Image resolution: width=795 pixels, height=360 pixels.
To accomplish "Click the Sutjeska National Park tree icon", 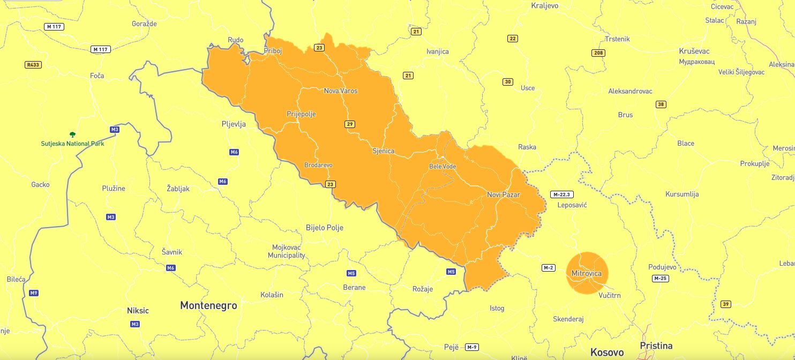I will [x=72, y=134].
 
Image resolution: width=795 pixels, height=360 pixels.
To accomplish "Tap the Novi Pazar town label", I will [x=503, y=194].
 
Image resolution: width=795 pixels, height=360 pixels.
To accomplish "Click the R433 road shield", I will [x=33, y=65].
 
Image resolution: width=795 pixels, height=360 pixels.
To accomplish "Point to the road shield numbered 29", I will [x=350, y=124].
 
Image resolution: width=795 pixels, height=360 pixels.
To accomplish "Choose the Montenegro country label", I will [x=208, y=305].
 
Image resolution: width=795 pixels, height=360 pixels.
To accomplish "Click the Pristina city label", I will [x=656, y=346].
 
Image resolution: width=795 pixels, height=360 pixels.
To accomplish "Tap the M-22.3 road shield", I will [x=562, y=194].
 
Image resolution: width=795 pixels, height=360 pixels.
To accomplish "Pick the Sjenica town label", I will [x=383, y=151].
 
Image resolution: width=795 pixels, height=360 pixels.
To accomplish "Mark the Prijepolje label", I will [x=301, y=114].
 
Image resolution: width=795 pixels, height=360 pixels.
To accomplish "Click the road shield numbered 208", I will [x=598, y=53].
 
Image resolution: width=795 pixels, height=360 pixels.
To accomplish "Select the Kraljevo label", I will [x=544, y=6].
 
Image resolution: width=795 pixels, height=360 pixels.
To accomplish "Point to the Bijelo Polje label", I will [x=324, y=228].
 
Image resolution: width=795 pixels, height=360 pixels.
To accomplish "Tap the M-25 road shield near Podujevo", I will [x=660, y=279].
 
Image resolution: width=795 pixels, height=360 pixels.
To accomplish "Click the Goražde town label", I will [x=144, y=24].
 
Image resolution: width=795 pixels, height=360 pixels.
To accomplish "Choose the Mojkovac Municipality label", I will [x=287, y=251].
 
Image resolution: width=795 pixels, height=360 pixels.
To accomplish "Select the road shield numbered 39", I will [x=726, y=304].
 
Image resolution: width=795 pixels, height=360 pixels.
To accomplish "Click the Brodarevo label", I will [x=318, y=165].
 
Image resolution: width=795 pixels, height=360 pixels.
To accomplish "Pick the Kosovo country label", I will [x=607, y=352].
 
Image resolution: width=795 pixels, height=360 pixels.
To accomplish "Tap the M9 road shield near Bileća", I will [x=34, y=293].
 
